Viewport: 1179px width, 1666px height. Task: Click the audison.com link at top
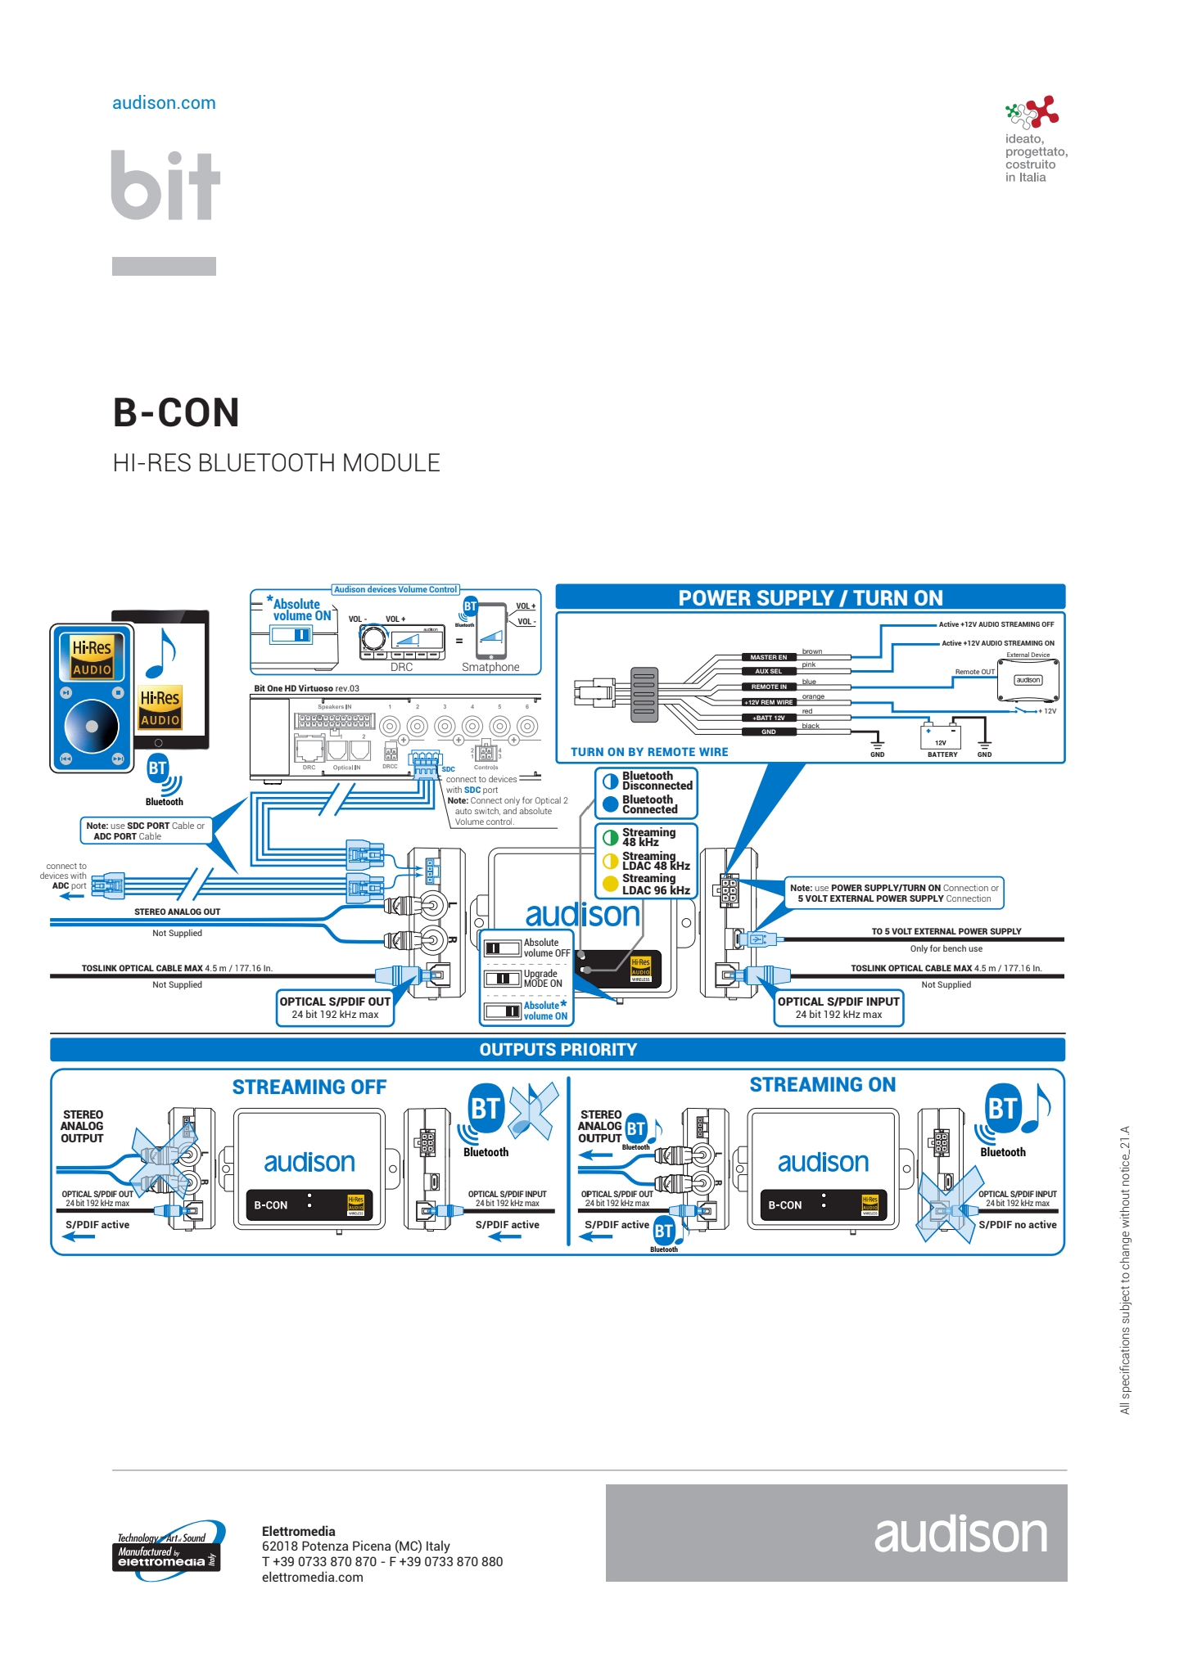coord(164,103)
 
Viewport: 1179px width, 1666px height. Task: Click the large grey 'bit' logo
coord(166,186)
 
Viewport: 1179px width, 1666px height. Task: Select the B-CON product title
coord(176,412)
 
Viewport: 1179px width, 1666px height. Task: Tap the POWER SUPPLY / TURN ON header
coord(810,598)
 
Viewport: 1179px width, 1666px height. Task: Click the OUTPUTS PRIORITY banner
coord(558,1050)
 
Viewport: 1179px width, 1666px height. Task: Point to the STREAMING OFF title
coord(309,1087)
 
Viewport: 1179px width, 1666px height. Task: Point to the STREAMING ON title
coord(822,1085)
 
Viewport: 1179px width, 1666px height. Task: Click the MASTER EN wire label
coord(768,657)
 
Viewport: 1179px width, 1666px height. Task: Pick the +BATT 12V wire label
coord(768,718)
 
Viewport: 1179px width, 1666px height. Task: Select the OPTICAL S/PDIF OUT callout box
coord(335,1008)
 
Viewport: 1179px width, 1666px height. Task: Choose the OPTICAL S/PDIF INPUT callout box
coord(838,1008)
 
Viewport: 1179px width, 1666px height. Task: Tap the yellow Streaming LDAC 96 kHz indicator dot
coord(610,884)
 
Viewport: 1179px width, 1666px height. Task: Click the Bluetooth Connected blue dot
coord(610,804)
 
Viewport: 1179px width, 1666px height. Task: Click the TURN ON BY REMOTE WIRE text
coord(648,752)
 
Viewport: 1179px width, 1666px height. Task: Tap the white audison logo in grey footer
coord(960,1534)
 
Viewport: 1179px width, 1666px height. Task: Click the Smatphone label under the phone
coord(490,668)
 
